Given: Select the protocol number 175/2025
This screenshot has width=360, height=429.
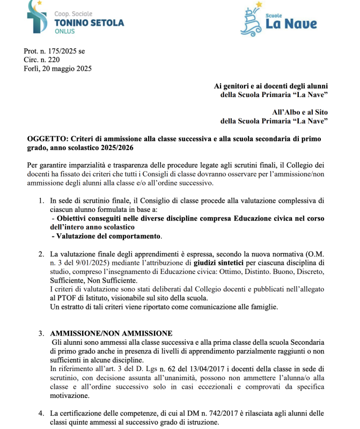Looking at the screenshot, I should [x=60, y=51].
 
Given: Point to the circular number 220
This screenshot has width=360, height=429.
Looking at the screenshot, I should [x=53, y=60].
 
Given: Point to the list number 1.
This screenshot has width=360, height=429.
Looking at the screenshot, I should [x=41, y=201].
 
